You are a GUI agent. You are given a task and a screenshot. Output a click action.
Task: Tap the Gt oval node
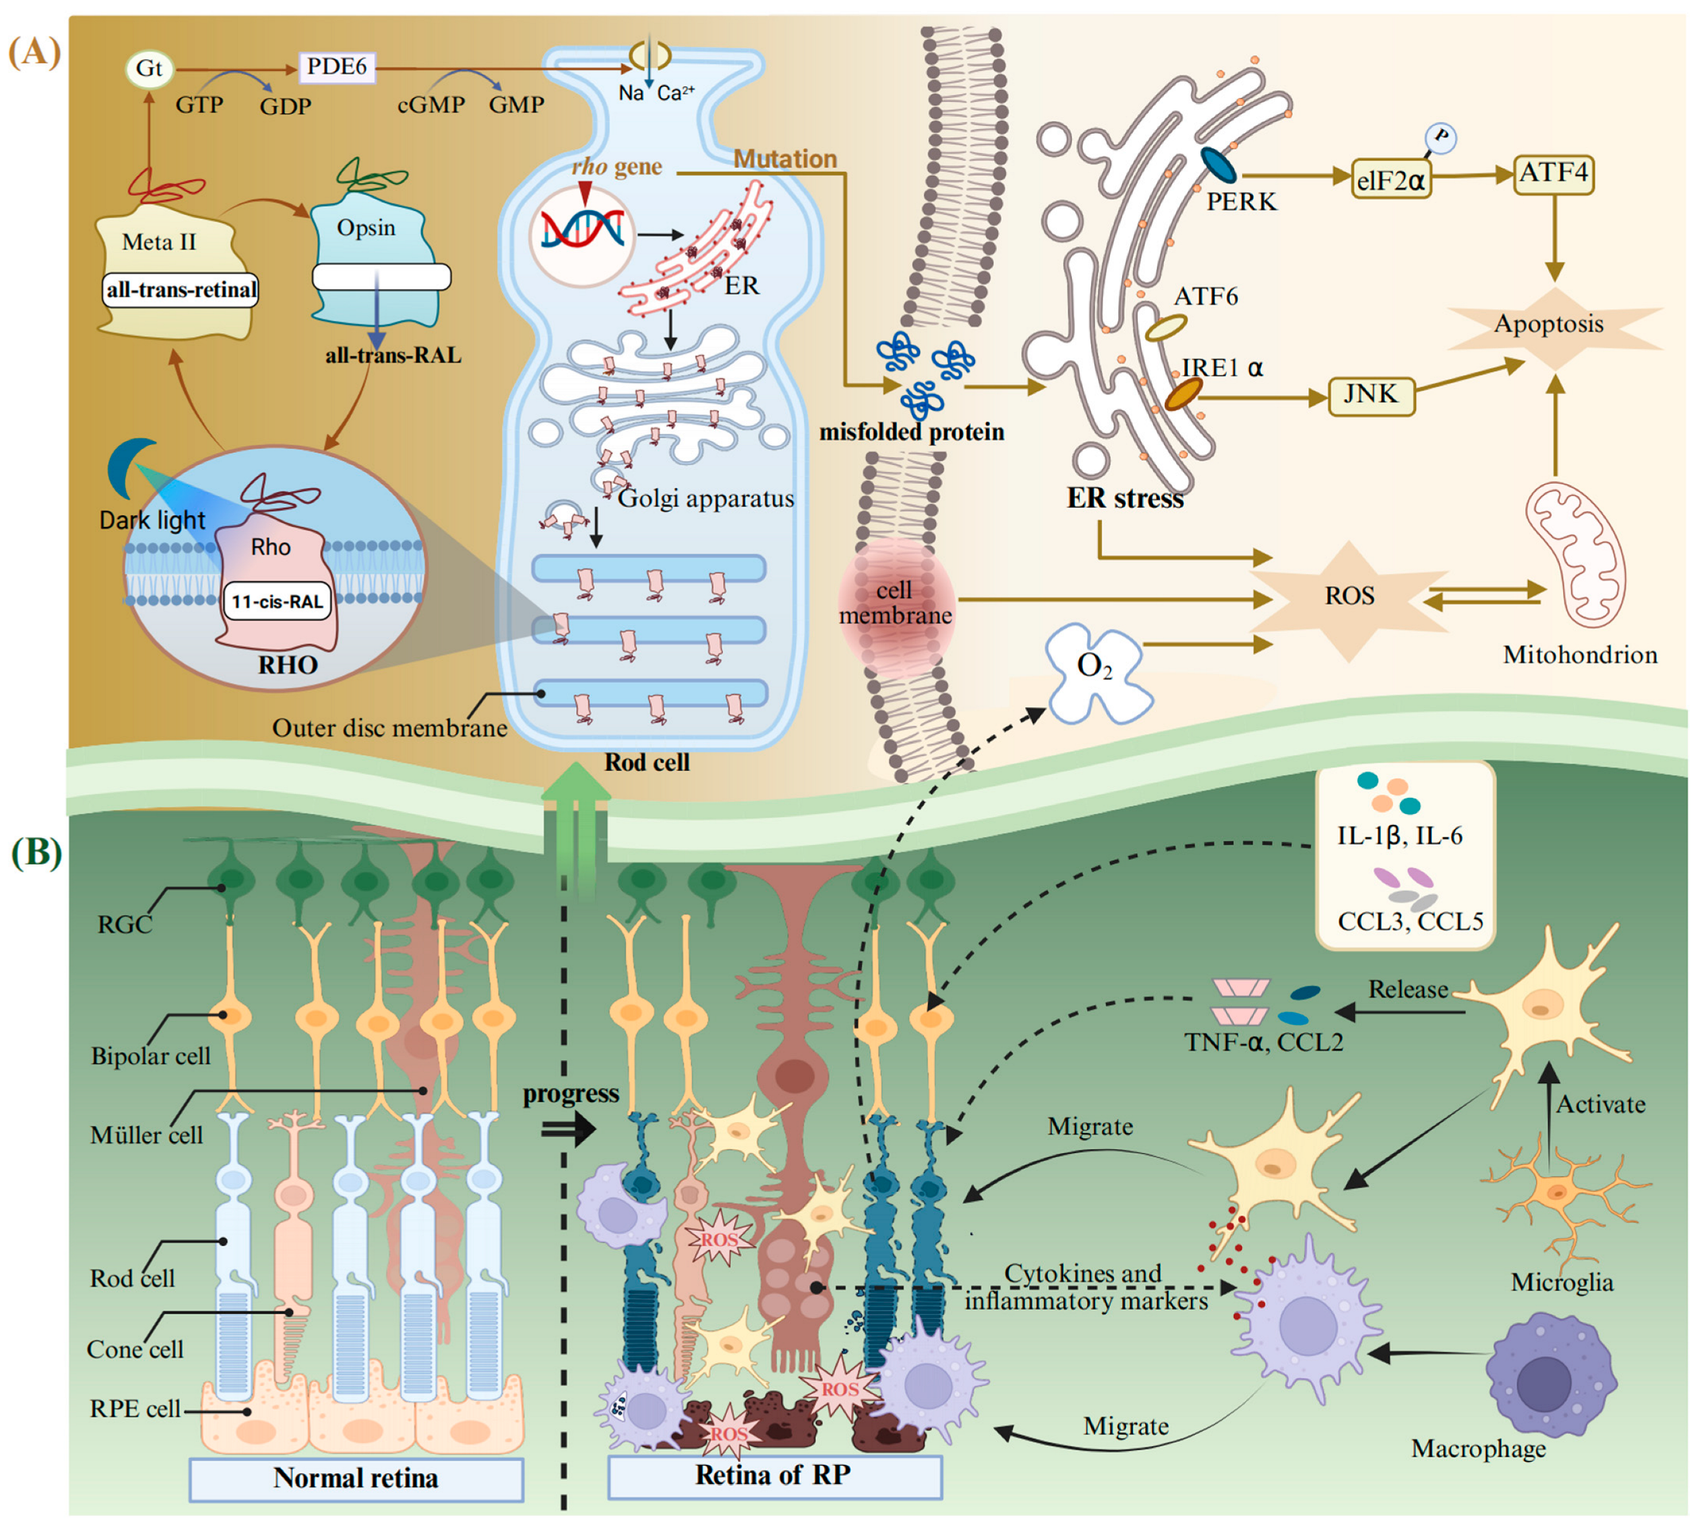149,68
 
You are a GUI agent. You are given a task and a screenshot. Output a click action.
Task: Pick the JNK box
1370,394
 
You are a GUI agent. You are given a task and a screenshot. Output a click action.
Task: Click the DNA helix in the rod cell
581,232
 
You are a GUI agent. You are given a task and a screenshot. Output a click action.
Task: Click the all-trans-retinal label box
180,290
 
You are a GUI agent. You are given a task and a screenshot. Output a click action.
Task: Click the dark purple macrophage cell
1549,1381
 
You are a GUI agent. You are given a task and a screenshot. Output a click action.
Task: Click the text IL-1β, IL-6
1399,835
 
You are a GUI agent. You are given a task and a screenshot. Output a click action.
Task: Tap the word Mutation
784,159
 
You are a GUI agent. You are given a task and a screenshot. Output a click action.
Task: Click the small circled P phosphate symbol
1440,138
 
